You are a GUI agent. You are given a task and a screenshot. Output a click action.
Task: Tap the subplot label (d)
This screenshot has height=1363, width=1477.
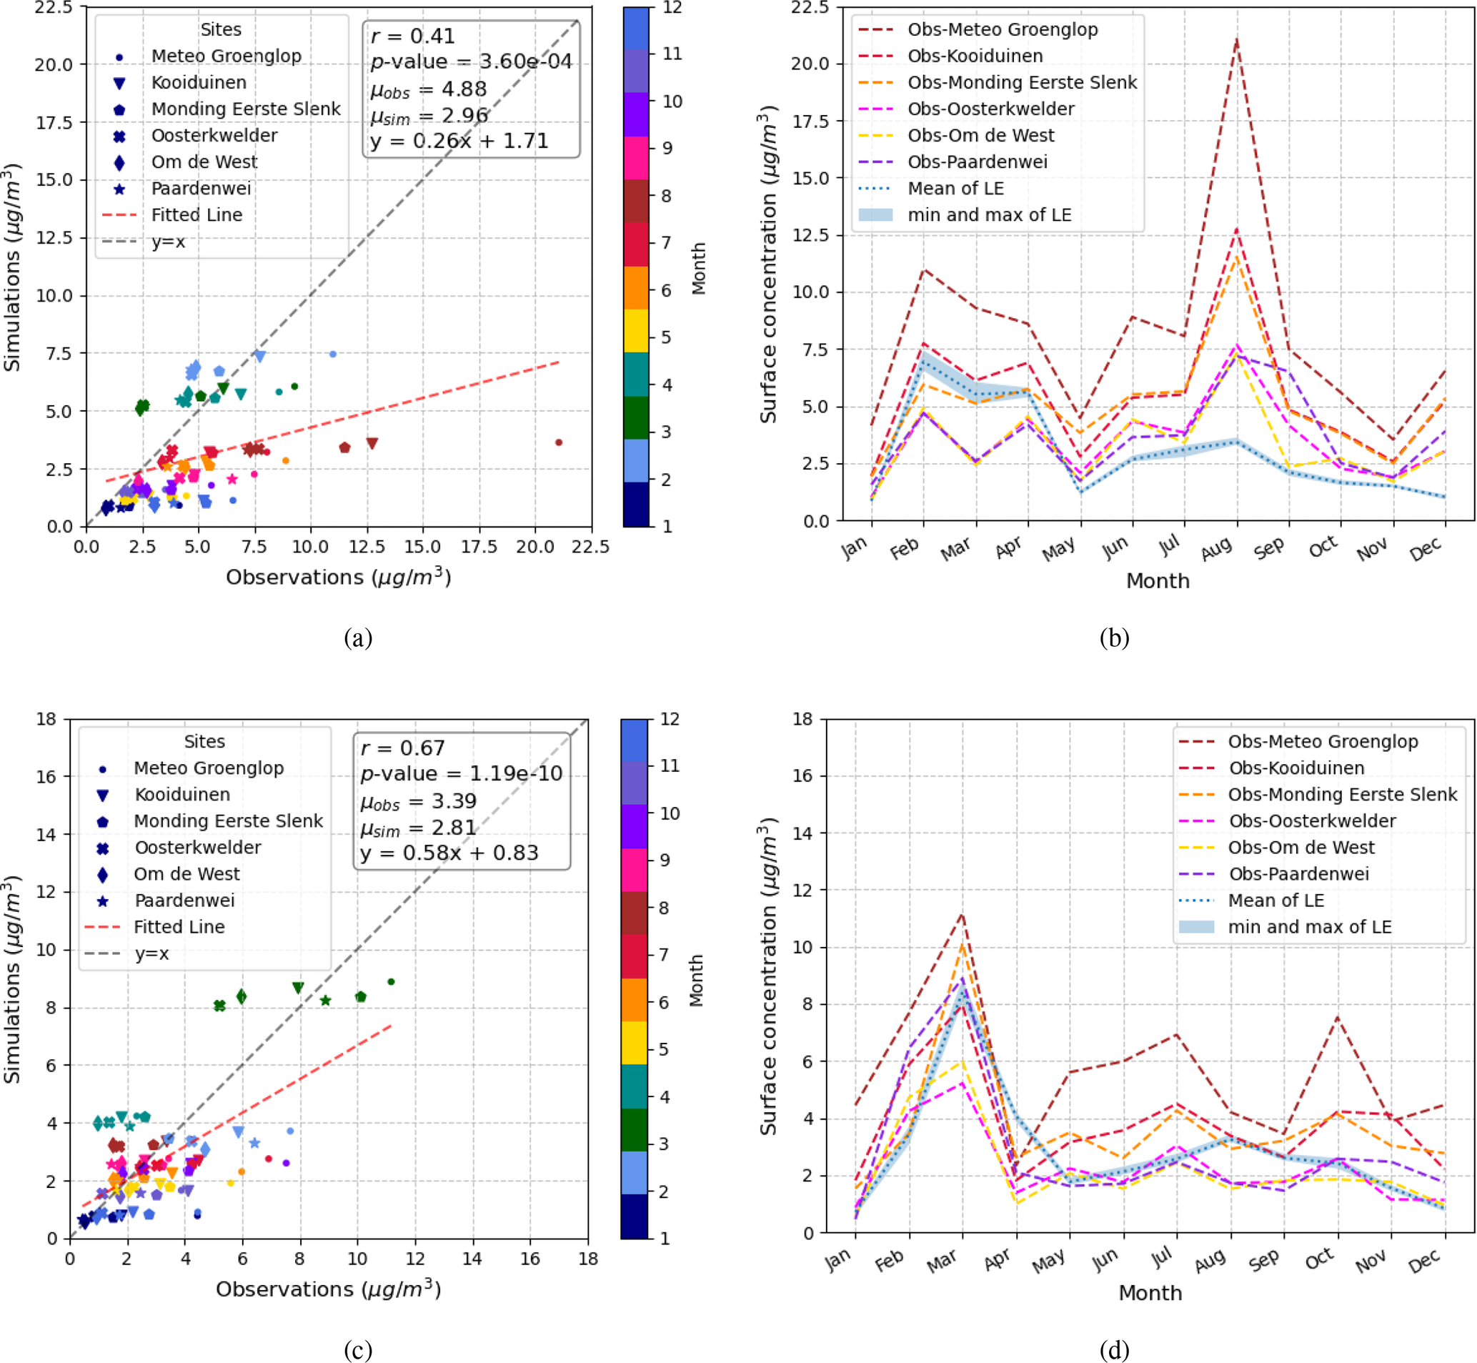pyautogui.click(x=1113, y=1349)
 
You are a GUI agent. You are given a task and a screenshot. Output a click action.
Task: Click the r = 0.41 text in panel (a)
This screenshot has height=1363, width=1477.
pyautogui.click(x=413, y=36)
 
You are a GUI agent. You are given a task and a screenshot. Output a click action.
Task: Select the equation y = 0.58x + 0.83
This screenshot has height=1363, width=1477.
pyautogui.click(x=449, y=853)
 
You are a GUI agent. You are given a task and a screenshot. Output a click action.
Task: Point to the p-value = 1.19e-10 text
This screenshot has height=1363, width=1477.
pyautogui.click(x=461, y=773)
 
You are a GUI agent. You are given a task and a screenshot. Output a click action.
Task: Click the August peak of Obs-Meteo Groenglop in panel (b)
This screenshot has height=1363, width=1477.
pyautogui.click(x=1237, y=39)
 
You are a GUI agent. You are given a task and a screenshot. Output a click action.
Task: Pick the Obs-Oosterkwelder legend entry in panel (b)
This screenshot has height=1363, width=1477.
pyautogui.click(x=990, y=109)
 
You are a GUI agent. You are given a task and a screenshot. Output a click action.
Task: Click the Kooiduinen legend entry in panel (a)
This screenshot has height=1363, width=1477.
pyautogui.click(x=199, y=83)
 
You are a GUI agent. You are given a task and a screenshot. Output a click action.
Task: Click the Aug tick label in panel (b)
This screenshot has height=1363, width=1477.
pyautogui.click(x=1217, y=549)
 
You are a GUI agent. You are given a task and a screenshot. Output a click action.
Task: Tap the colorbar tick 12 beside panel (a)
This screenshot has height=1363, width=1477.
pyautogui.click(x=672, y=7)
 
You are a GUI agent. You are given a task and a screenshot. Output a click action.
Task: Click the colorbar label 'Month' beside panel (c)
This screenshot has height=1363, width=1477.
pyautogui.click(x=695, y=980)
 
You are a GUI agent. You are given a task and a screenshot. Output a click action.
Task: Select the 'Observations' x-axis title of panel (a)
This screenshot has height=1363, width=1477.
pyautogui.click(x=338, y=577)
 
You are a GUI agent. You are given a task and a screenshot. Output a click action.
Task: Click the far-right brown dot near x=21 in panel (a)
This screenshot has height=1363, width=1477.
pyautogui.click(x=559, y=442)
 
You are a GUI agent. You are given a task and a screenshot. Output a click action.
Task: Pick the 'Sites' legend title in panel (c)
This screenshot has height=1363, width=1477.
pyautogui.click(x=204, y=741)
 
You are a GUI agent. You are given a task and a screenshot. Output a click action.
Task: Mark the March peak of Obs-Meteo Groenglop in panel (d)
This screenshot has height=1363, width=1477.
pyautogui.click(x=963, y=914)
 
